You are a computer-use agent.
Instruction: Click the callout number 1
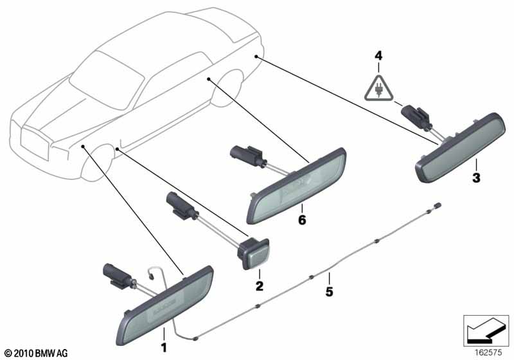(164, 347)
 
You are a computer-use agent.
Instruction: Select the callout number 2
(260, 286)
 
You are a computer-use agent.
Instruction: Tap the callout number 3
(476, 178)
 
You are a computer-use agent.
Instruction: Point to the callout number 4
(378, 56)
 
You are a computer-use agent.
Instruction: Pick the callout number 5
(329, 291)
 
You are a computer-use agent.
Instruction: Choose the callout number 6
(302, 220)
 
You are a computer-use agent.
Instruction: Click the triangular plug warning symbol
(378, 88)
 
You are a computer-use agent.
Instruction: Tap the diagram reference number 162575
(488, 353)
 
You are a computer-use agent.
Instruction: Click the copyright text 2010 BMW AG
(36, 354)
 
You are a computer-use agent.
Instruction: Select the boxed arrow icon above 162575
(486, 330)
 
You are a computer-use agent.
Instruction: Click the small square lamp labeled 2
(254, 254)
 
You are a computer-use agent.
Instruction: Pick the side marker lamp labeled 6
(296, 186)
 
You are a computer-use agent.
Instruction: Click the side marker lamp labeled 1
(164, 305)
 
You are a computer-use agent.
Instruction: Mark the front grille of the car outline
(35, 144)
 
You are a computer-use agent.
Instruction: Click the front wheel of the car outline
(98, 163)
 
